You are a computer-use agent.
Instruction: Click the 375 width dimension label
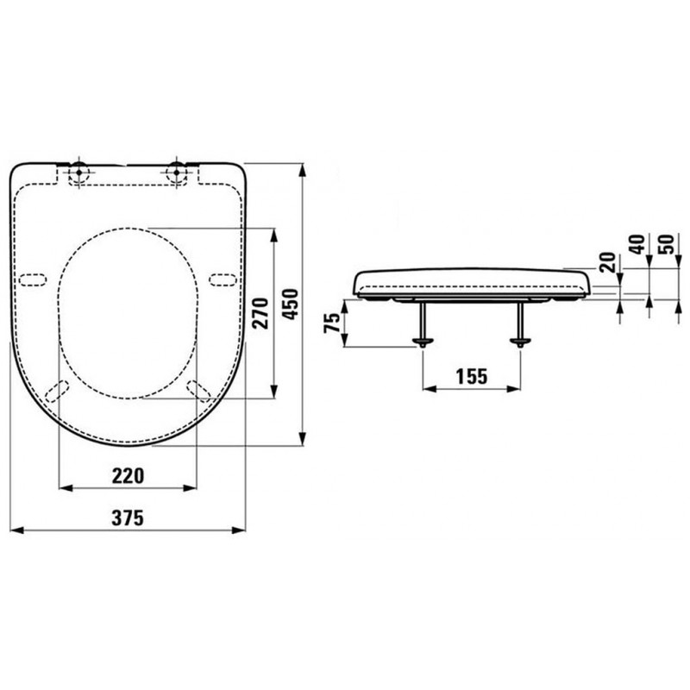pyautogui.click(x=128, y=517)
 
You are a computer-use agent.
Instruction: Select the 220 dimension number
pyautogui.click(x=128, y=476)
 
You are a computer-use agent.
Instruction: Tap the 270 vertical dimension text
pyautogui.click(x=260, y=313)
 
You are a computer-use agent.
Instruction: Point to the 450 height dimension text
pyautogui.click(x=291, y=304)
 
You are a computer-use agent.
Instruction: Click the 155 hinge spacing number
pyautogui.click(x=472, y=376)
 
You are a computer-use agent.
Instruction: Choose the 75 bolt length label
pyautogui.click(x=332, y=323)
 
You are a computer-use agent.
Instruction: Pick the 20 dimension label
pyautogui.click(x=608, y=262)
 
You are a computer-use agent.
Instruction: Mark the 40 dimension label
pyautogui.click(x=638, y=244)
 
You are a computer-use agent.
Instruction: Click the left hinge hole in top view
pyautogui.click(x=79, y=172)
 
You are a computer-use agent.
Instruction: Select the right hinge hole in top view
pyautogui.click(x=177, y=172)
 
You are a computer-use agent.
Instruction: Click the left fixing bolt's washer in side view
pyautogui.click(x=423, y=341)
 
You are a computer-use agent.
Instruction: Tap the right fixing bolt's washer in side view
pyautogui.click(x=520, y=341)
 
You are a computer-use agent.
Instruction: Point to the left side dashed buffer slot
pyautogui.click(x=33, y=279)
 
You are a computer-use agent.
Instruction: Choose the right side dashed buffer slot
pyautogui.click(x=223, y=279)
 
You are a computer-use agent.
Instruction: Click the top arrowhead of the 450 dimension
pyautogui.click(x=302, y=170)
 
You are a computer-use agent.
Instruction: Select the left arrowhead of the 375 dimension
pyautogui.click(x=16, y=530)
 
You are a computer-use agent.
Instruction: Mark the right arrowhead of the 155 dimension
pyautogui.click(x=514, y=389)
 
